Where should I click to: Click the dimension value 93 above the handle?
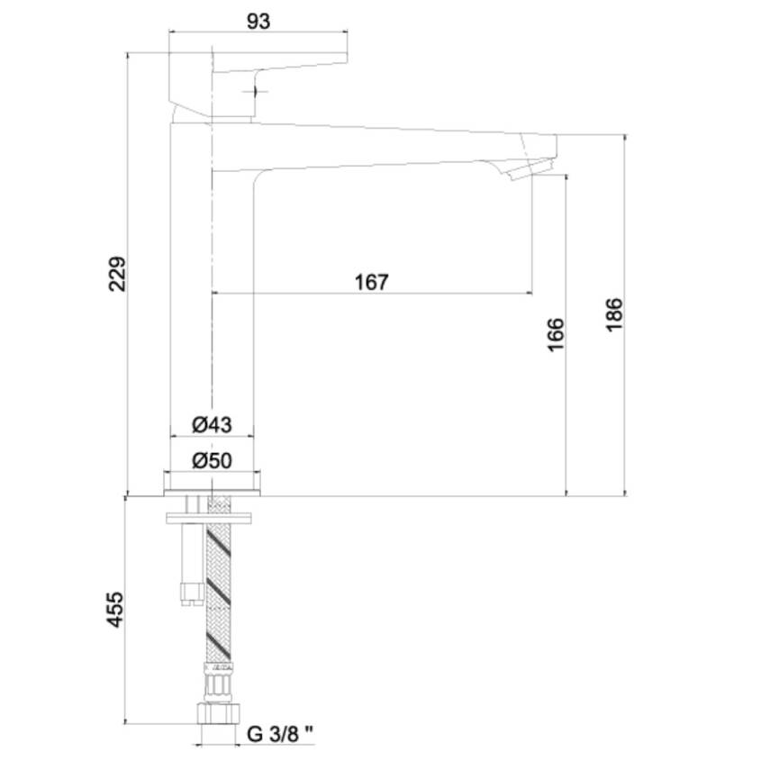pos(258,22)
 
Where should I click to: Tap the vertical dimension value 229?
pos(117,274)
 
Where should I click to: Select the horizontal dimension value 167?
pos(371,283)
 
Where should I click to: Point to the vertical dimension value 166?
pos(556,334)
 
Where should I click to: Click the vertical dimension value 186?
pos(614,315)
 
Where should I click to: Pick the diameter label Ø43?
pos(212,424)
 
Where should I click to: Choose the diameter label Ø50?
pos(212,460)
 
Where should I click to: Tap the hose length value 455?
pos(115,609)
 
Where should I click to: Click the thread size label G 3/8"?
pos(280,734)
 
